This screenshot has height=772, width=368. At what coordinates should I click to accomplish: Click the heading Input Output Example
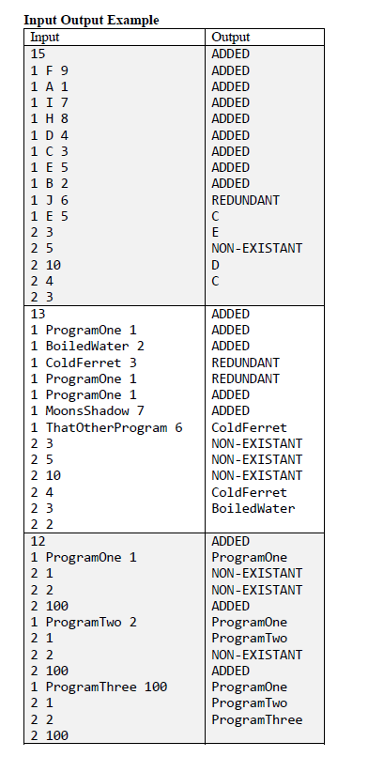91,20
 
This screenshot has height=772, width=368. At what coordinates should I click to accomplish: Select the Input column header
45,37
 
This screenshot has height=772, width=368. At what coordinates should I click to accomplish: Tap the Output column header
231,37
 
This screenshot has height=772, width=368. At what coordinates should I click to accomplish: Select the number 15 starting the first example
38,54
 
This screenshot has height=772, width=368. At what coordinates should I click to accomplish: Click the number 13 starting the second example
38,314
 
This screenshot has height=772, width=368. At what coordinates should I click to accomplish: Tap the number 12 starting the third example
38,541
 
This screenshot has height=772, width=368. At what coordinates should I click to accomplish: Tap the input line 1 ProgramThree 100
100,687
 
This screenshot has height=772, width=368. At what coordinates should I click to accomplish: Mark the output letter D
216,265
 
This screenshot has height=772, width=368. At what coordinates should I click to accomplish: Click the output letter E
216,232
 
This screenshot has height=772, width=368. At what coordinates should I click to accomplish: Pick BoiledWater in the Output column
253,508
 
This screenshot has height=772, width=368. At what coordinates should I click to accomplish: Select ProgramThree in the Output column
257,719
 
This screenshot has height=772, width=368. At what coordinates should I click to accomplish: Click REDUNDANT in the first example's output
246,200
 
